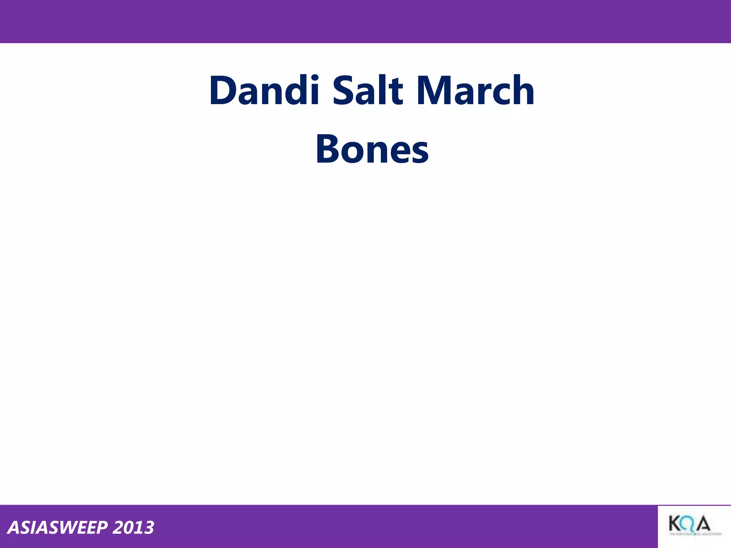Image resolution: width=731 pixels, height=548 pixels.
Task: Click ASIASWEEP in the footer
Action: tap(57, 528)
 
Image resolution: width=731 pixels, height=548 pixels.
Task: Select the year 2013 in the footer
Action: tap(133, 528)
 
